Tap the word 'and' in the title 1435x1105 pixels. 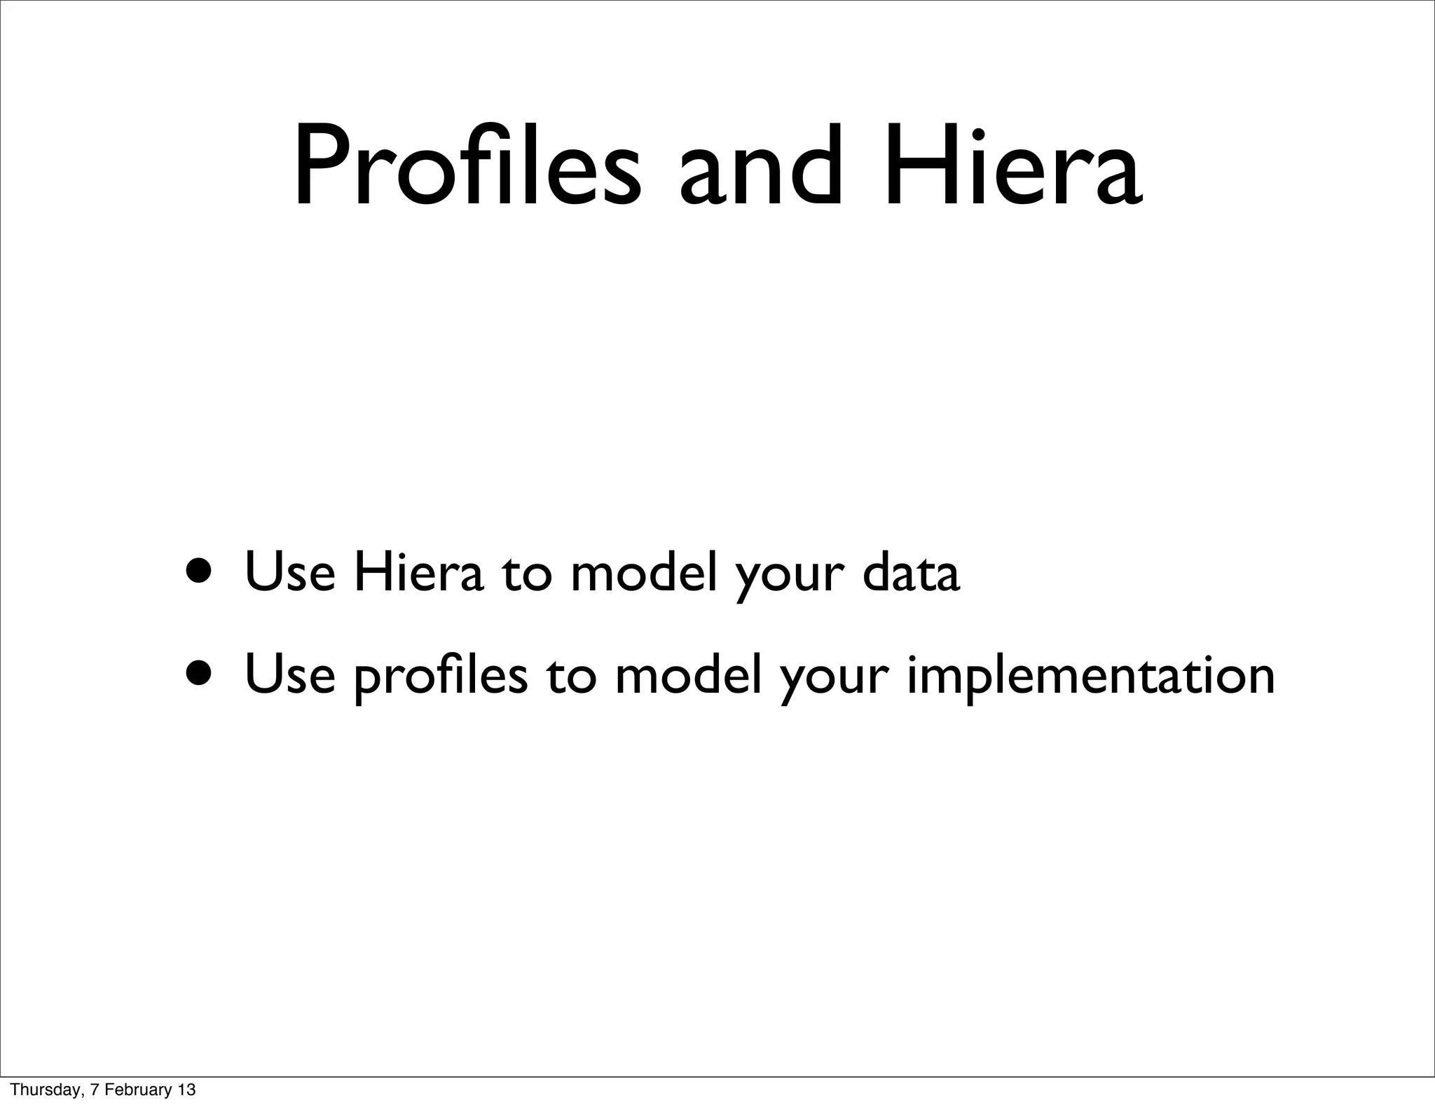point(760,168)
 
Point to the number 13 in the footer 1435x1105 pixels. point(186,1090)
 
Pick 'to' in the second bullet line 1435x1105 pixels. point(571,676)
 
